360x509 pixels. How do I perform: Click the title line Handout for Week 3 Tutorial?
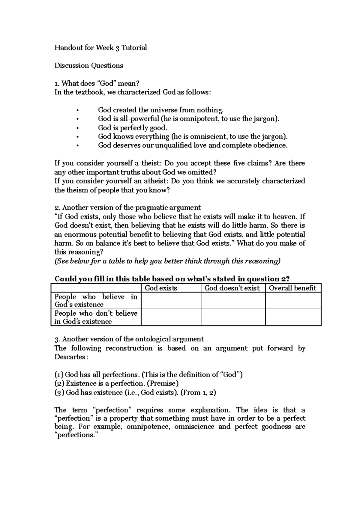pos(100,48)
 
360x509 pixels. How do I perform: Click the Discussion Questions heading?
pos(88,66)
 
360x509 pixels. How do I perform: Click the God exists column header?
pos(161,288)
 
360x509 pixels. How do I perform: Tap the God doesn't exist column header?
pos(232,288)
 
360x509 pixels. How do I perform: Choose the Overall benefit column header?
pos(292,288)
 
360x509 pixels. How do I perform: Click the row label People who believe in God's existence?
pos(95,301)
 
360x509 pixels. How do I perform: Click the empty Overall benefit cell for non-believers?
pos(293,317)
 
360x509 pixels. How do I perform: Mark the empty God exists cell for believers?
pos(171,301)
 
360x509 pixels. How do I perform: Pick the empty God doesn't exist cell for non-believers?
pos(233,317)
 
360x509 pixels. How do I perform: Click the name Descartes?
pos(71,357)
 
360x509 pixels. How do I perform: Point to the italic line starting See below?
pos(167,261)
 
